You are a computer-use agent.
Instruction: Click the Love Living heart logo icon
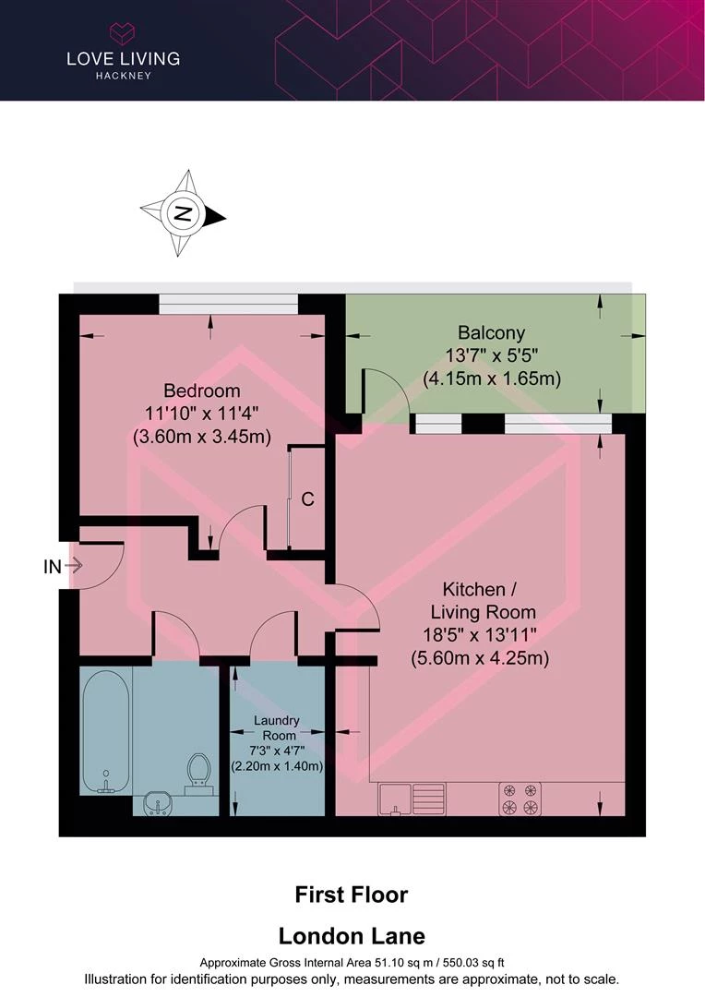123,34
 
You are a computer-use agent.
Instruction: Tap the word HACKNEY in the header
124,76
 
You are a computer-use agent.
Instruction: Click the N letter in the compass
183,213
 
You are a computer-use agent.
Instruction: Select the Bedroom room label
202,390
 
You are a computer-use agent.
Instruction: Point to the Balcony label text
492,332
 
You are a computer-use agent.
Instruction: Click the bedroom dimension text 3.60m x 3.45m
202,437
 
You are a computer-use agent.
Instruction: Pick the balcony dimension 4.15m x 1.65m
492,379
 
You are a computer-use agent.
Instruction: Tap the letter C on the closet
307,499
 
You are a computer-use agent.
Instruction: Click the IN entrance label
52,567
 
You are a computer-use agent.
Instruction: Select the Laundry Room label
277,727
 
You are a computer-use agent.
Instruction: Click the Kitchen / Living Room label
482,600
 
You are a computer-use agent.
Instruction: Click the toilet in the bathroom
199,774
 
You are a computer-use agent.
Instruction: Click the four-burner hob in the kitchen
520,799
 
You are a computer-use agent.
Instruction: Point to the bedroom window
228,304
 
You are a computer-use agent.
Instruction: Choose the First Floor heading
352,895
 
